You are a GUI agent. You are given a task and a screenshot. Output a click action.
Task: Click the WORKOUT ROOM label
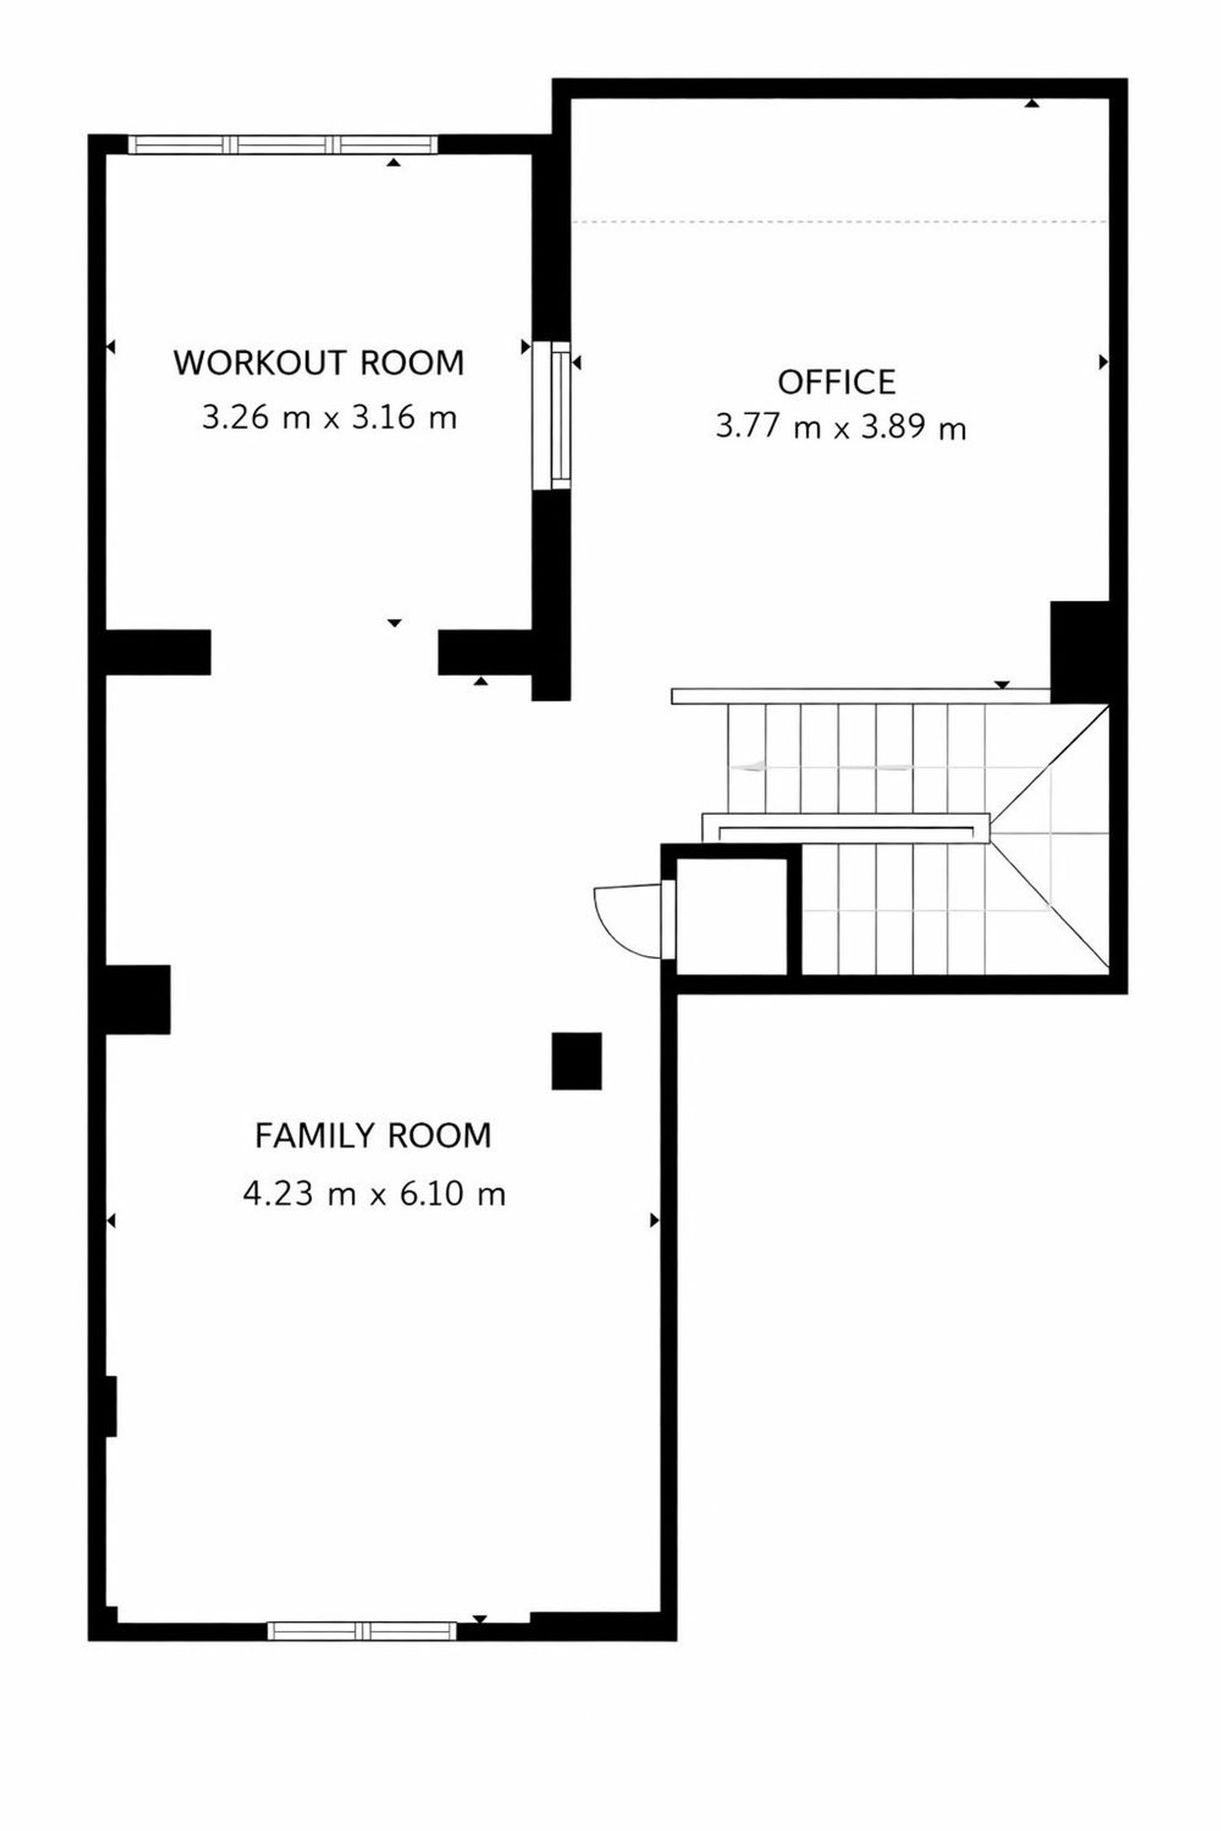tap(319, 363)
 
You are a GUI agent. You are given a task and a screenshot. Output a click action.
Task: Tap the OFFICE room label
tap(837, 382)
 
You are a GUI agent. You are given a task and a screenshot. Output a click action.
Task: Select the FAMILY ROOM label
tap(374, 1136)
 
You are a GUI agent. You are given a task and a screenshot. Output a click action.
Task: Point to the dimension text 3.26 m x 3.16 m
tap(329, 418)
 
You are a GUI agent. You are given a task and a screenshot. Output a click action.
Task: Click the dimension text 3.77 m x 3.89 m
tap(841, 426)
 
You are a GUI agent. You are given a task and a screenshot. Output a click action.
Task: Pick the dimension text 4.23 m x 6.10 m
tap(374, 1194)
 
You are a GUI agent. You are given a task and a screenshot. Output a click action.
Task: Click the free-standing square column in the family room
tap(576, 1061)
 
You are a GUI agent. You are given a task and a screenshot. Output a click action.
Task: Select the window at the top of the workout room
tap(283, 144)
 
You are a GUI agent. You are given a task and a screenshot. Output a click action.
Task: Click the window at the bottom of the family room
tap(361, 1630)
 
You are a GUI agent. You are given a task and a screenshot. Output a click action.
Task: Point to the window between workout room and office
tap(552, 415)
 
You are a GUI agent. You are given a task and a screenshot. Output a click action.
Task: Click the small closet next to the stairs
tap(732, 916)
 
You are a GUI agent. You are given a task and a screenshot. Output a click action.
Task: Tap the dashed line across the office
tap(840, 221)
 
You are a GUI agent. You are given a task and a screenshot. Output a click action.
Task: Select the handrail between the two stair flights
tap(847, 828)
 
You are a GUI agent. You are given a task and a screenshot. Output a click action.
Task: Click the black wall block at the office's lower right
tap(1079, 652)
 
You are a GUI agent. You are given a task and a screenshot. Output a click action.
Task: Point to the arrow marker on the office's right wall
tap(1104, 362)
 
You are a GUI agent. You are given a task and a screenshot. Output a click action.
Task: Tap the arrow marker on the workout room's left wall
tap(111, 347)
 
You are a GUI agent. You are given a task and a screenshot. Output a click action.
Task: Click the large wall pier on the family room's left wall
tap(138, 999)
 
